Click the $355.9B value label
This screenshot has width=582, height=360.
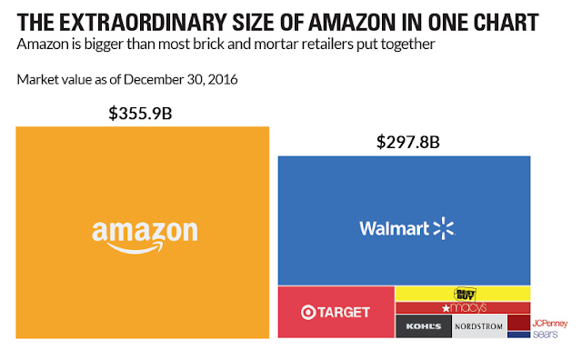(140, 114)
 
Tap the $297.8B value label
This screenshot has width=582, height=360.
(408, 142)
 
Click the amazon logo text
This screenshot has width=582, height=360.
(145, 233)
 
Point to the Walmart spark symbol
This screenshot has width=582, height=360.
(444, 228)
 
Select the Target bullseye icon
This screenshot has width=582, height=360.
(308, 312)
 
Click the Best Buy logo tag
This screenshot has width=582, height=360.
(465, 294)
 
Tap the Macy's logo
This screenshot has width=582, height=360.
(464, 307)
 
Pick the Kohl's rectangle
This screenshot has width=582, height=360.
(424, 326)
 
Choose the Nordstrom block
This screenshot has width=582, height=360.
(479, 326)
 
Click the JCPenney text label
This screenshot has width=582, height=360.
(549, 324)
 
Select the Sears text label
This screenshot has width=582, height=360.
(546, 334)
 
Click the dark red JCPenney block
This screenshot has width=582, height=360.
(519, 323)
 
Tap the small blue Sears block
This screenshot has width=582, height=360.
(519, 335)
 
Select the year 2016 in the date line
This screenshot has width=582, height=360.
(223, 79)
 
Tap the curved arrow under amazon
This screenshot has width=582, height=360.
(135, 247)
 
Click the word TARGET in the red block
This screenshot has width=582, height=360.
(344, 312)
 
